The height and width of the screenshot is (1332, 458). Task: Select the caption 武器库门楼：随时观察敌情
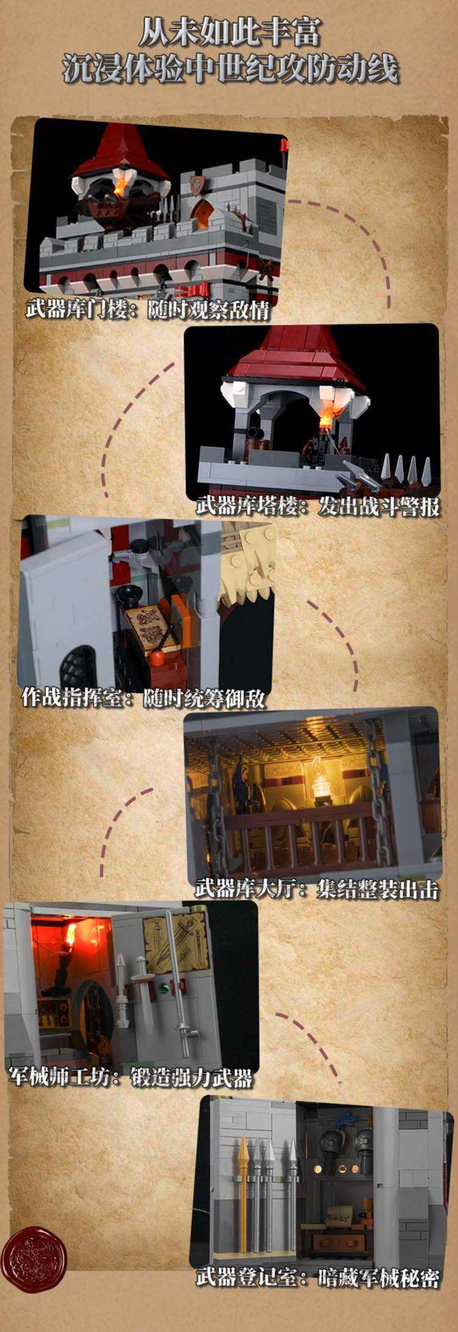147,310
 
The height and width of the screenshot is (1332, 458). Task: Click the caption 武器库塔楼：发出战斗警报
318,506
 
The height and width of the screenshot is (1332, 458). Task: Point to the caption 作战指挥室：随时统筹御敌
143,697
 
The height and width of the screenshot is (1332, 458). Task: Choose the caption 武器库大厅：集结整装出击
317,888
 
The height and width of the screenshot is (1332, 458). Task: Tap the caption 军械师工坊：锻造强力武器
131,1078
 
